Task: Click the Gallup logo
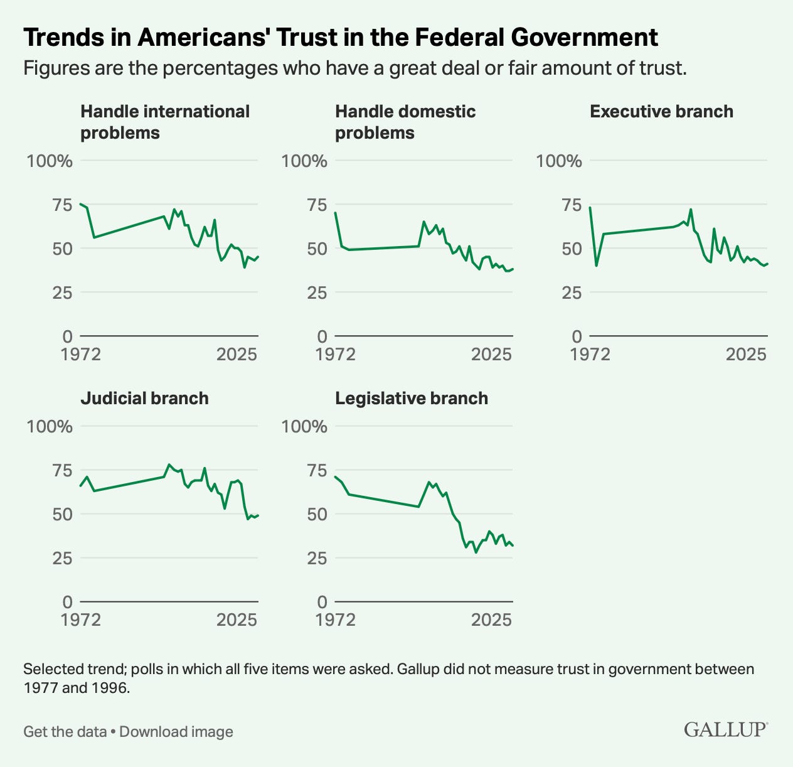click(x=726, y=729)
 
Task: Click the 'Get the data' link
click(x=65, y=732)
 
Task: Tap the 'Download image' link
click(x=176, y=732)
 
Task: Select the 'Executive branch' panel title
click(x=661, y=112)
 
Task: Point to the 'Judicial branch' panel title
click(x=144, y=399)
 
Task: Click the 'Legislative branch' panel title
click(x=412, y=399)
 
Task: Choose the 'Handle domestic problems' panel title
click(x=405, y=122)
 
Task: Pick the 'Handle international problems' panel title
click(x=165, y=122)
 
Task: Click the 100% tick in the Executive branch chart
click(x=559, y=161)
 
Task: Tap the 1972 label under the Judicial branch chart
click(x=81, y=620)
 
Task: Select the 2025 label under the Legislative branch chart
click(x=492, y=620)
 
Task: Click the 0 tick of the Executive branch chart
click(x=577, y=337)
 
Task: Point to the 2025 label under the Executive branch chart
click(x=747, y=355)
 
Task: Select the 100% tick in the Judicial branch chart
click(x=50, y=427)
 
